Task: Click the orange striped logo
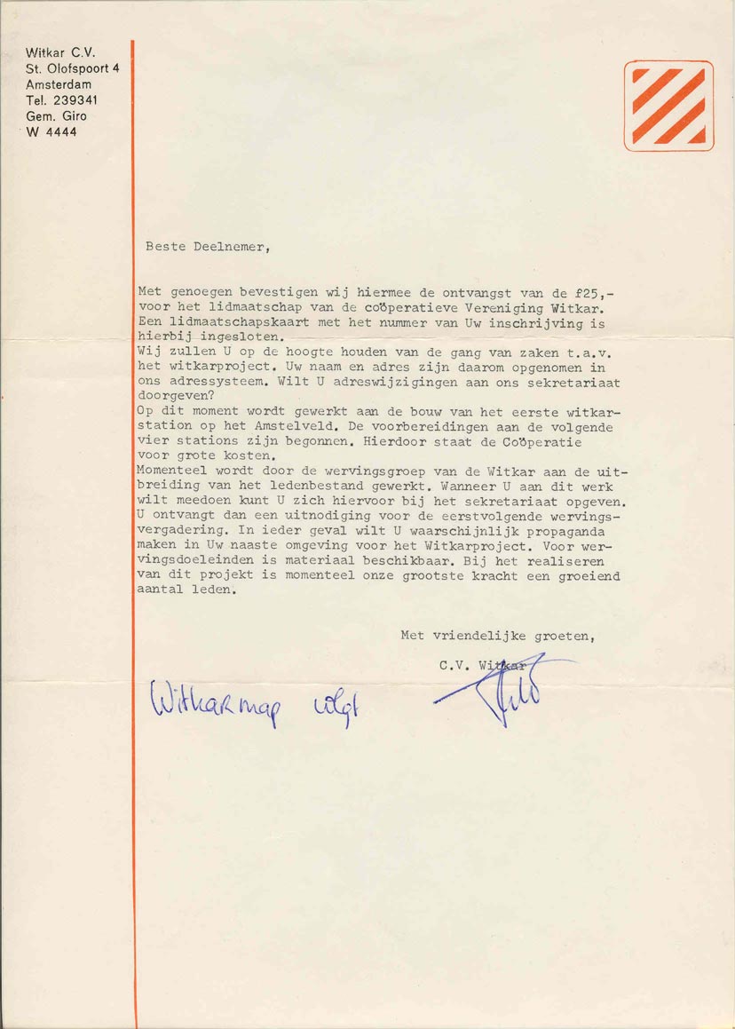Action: pyautogui.click(x=668, y=106)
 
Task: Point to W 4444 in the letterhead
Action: pyautogui.click(x=51, y=132)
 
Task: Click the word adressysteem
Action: pyautogui.click(x=215, y=382)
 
